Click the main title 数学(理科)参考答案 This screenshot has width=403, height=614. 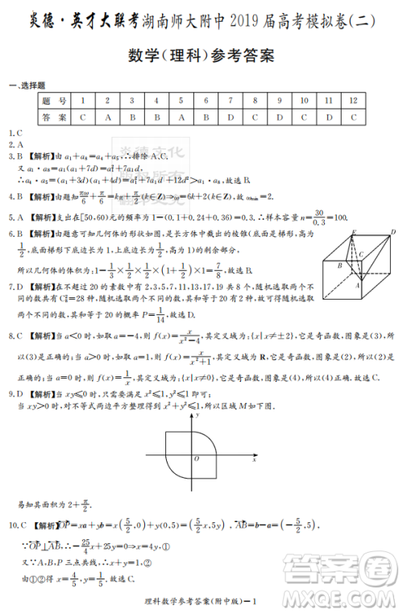[201, 56]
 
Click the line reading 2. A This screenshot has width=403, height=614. [15, 143]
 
